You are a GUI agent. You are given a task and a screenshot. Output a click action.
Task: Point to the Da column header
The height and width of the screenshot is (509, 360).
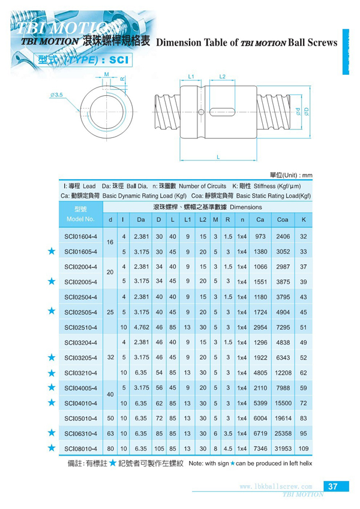pos(142,220)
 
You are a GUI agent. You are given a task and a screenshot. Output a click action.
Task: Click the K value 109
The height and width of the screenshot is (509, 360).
pos(304,448)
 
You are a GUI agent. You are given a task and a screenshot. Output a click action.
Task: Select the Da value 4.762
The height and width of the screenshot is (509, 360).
pos(142,327)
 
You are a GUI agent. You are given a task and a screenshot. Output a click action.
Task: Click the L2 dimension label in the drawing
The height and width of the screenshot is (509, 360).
pos(222,77)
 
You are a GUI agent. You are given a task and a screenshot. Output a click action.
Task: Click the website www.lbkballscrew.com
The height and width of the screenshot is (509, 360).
pos(275,486)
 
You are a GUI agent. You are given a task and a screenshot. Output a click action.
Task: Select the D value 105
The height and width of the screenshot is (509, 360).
pos(160,448)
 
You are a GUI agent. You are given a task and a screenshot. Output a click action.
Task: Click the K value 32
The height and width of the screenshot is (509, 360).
pos(304,237)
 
